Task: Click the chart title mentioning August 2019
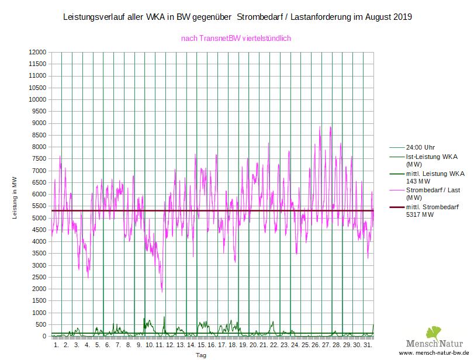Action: (x=237, y=18)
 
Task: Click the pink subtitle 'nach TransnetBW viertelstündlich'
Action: (x=237, y=39)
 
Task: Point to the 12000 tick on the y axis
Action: (x=37, y=52)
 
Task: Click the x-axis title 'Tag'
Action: (x=200, y=355)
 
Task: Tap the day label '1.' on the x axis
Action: (x=56, y=345)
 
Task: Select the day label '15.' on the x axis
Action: (x=201, y=345)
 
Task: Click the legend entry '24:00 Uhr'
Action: (x=421, y=147)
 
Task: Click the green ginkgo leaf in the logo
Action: (x=434, y=333)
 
